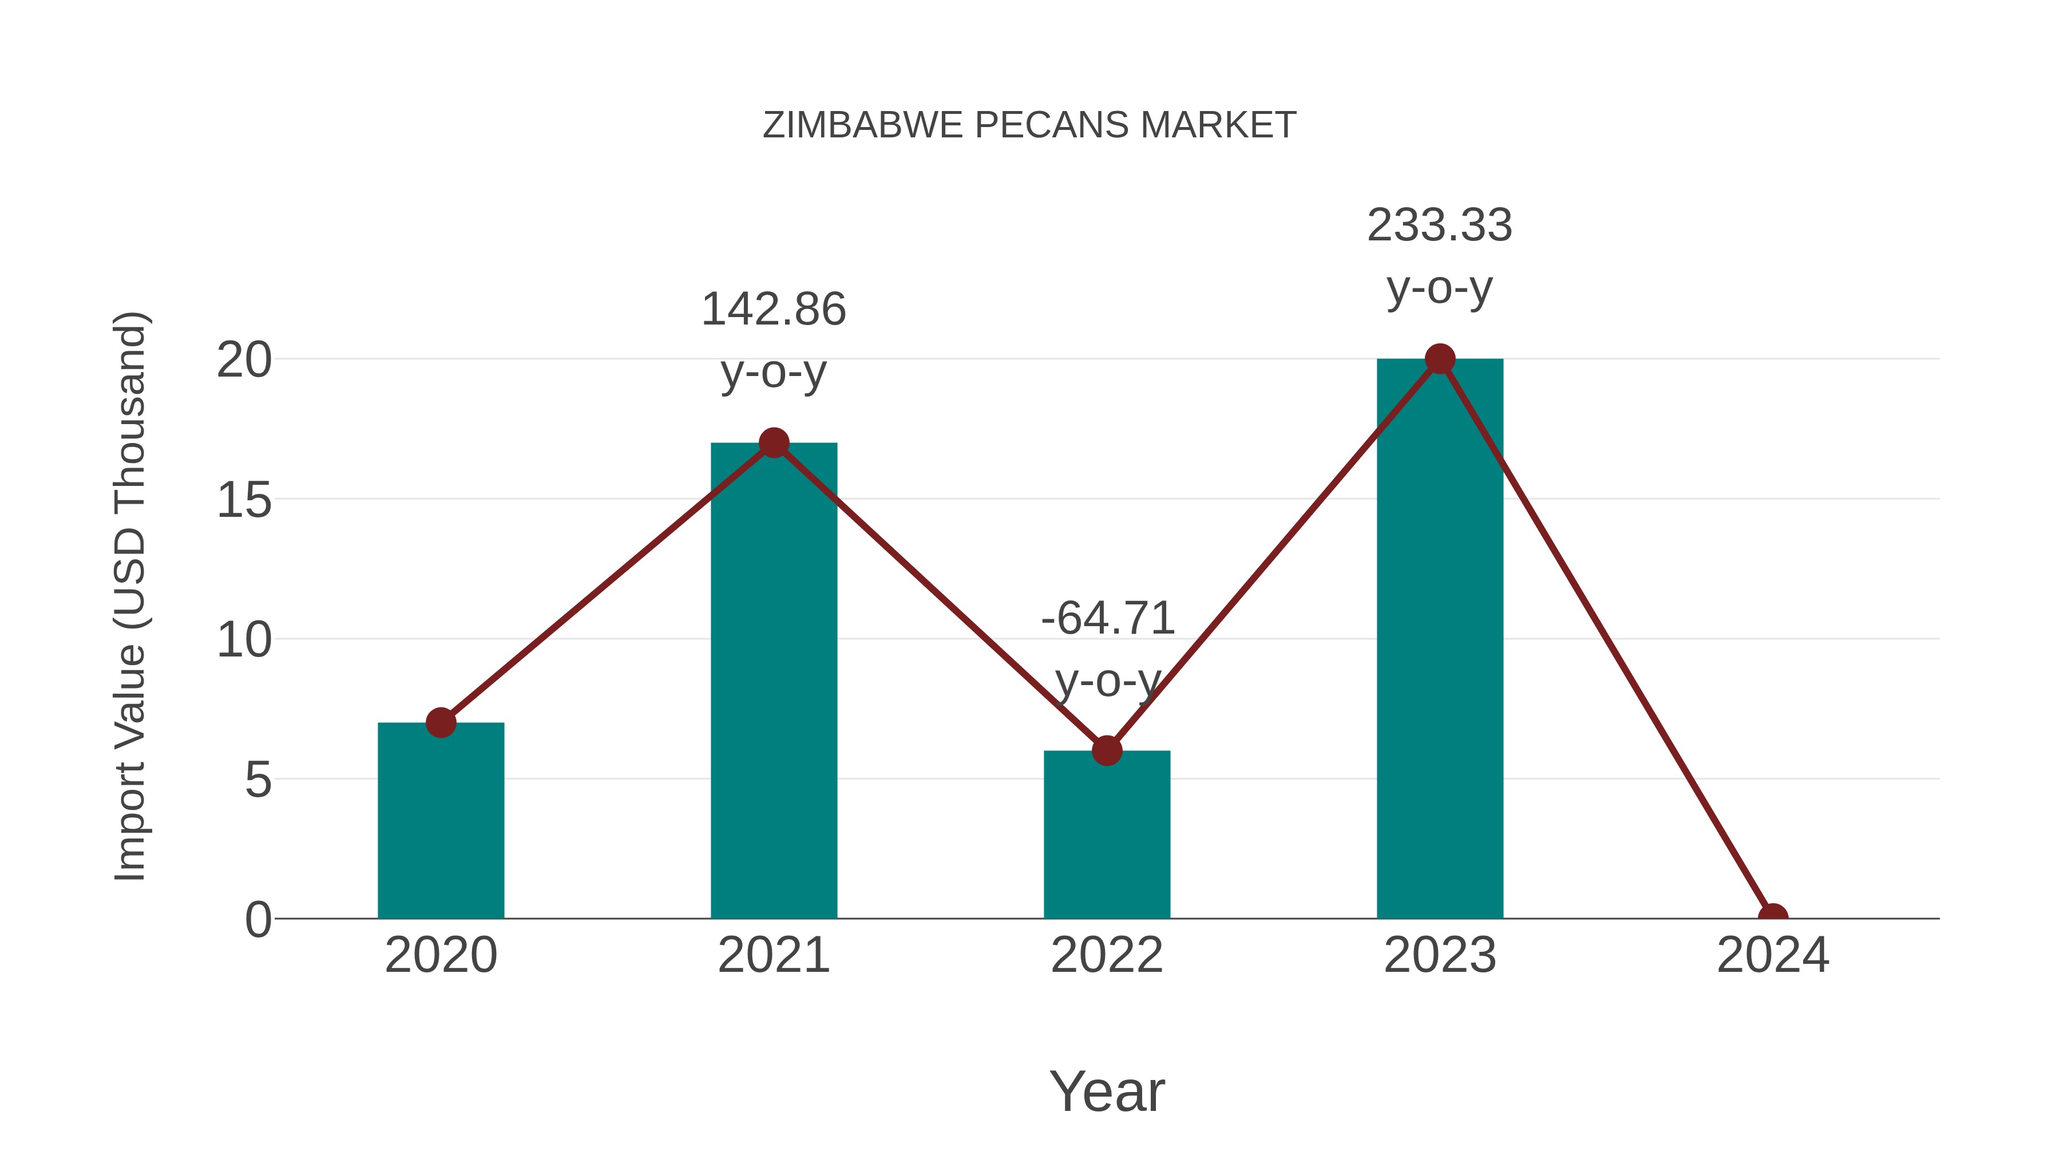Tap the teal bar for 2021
point(773,680)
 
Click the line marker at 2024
point(1772,917)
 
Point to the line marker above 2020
point(441,722)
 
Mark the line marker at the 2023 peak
point(1440,359)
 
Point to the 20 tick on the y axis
point(244,360)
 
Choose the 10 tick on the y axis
point(244,640)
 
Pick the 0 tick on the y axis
point(257,919)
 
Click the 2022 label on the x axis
point(1106,955)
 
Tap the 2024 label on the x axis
point(1772,955)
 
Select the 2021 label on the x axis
point(773,955)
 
